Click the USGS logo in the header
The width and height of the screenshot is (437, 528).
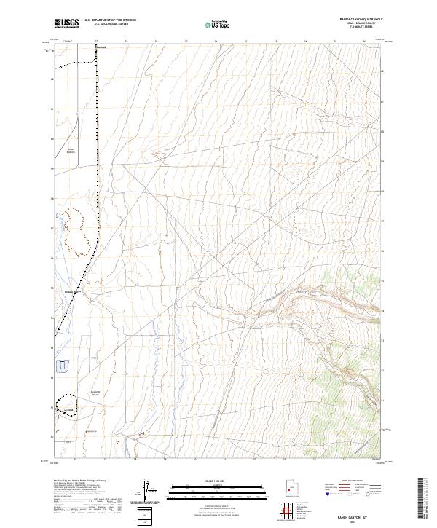[x=67, y=23]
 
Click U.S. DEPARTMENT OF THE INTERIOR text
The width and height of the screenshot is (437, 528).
[x=110, y=20]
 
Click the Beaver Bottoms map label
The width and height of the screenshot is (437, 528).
[x=71, y=151]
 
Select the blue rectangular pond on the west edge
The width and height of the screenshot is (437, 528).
[x=63, y=364]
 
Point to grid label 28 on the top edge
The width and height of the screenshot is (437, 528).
[x=126, y=42]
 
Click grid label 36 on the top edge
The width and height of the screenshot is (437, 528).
[x=363, y=42]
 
